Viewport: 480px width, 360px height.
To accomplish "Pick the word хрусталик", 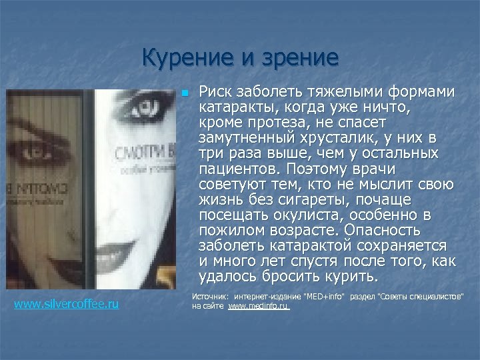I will tap(334, 139).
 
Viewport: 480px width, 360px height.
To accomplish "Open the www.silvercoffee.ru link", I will tap(67, 304).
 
